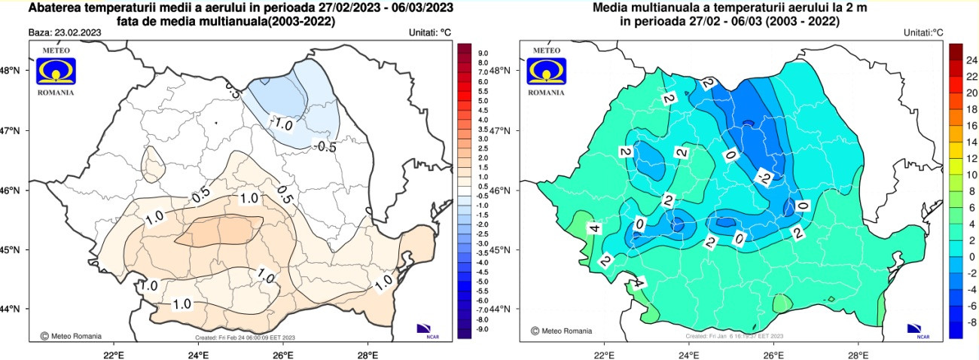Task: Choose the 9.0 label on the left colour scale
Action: [482, 53]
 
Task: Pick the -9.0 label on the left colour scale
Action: [482, 329]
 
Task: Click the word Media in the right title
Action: [610, 8]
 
